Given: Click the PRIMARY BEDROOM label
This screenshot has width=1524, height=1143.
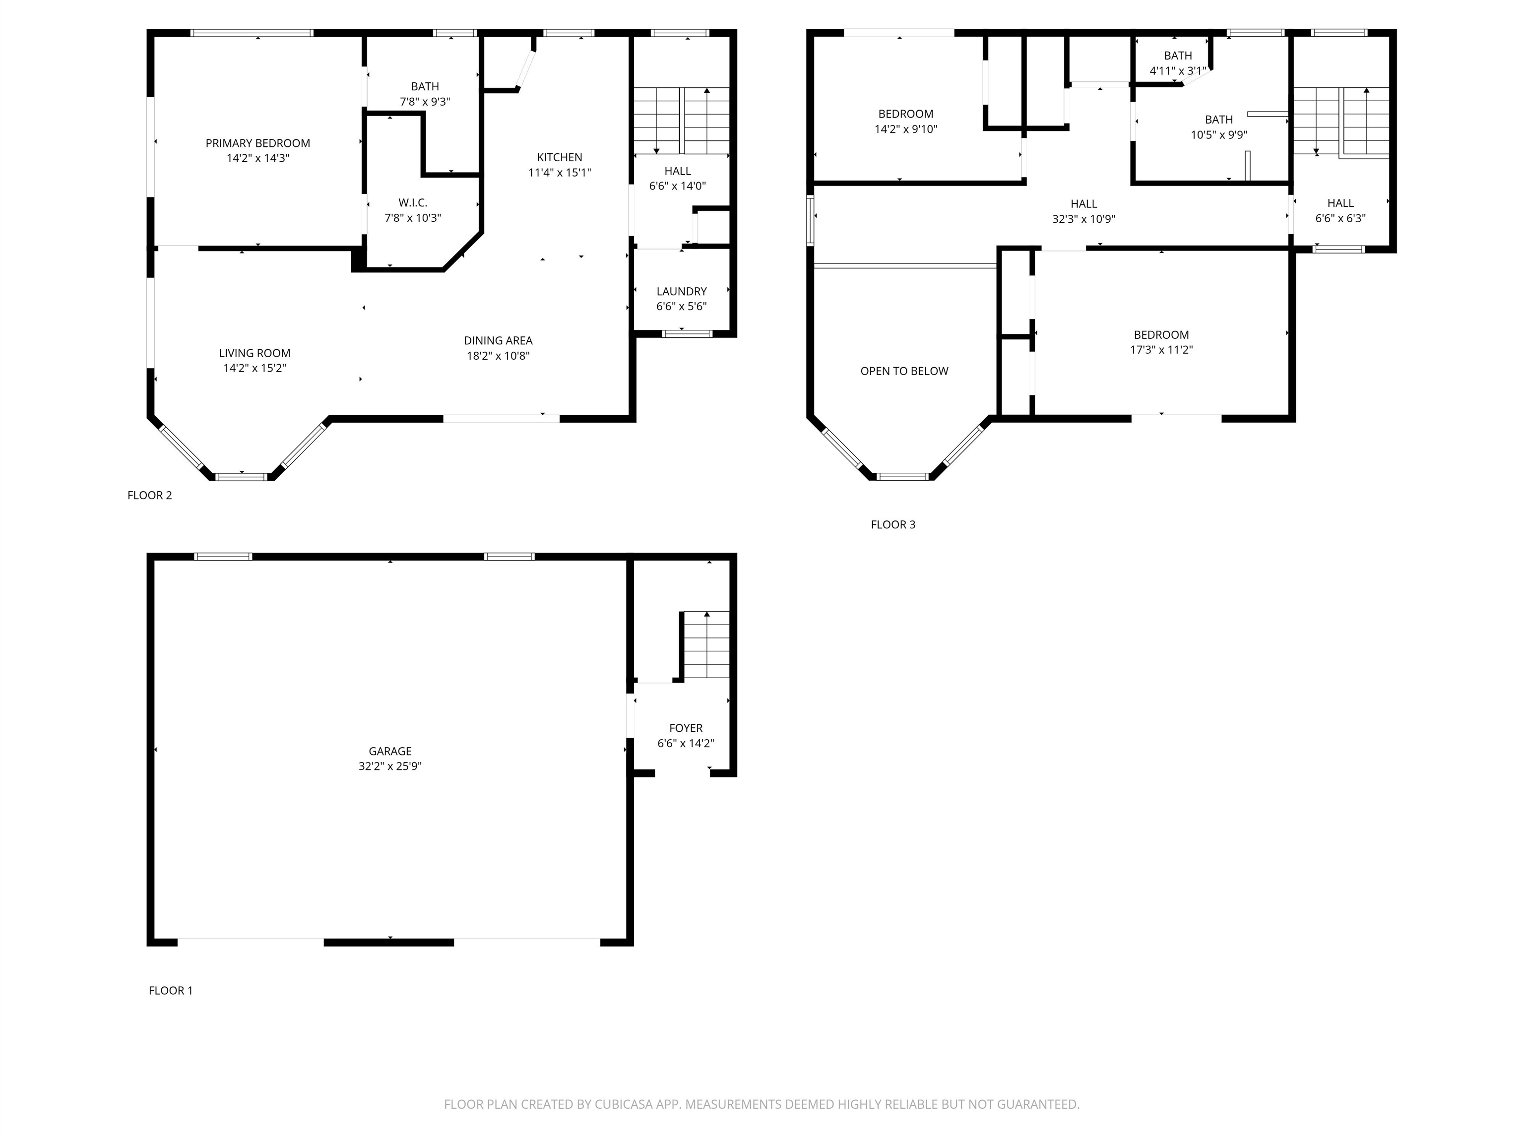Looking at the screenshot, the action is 257,143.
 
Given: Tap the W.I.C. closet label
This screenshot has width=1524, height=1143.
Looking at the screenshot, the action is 413,202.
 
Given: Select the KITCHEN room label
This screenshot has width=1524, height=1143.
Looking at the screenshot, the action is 560,158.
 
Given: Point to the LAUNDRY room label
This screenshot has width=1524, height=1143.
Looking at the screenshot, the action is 682,291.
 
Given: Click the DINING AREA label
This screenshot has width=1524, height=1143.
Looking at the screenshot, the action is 498,340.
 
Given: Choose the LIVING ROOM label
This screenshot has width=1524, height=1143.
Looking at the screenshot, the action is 255,353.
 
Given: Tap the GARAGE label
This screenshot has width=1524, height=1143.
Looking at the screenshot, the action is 390,751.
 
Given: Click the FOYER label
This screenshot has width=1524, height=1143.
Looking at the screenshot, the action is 686,728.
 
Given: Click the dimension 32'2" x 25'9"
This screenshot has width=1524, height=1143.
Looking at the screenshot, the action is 390,766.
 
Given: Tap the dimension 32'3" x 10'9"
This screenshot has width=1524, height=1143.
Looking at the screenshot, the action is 1084,219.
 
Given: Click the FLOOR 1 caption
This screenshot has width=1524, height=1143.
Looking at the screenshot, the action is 171,990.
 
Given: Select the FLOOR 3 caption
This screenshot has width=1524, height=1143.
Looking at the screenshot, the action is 893,524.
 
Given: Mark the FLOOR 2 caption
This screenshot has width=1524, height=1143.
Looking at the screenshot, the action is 149,496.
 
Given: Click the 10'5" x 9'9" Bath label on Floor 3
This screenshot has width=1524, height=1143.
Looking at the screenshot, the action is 1219,127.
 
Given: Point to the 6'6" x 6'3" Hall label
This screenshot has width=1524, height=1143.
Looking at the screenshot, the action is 1340,211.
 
